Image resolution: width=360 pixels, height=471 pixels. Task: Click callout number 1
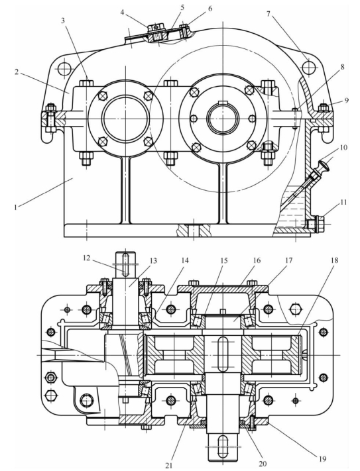[x=16, y=207]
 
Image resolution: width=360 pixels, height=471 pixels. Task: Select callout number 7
[x=269, y=14]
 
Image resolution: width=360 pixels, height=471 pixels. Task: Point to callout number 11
[x=343, y=203]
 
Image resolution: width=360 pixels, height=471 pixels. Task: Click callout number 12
[x=87, y=258]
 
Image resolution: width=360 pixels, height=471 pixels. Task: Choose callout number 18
[x=334, y=260]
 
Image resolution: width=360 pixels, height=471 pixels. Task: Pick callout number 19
[x=322, y=458]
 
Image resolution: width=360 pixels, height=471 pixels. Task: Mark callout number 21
[x=169, y=465]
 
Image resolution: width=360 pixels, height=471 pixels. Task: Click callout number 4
[x=122, y=12]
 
